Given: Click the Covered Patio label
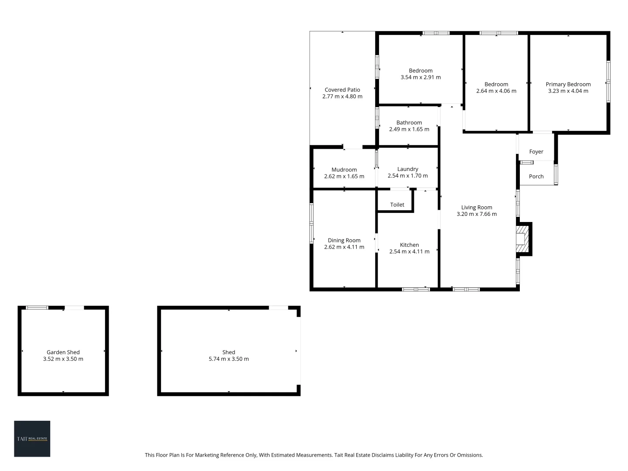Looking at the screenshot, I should click(342, 90).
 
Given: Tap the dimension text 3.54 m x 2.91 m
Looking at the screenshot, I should click(420, 78).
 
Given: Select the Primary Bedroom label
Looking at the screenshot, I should click(568, 84).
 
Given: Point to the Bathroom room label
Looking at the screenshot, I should click(409, 123).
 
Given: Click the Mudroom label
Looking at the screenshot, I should click(344, 170).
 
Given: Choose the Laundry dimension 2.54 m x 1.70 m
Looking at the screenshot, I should click(407, 176).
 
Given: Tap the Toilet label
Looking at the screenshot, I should click(397, 205).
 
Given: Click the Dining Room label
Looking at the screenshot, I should click(344, 240).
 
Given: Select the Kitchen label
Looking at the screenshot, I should click(409, 245).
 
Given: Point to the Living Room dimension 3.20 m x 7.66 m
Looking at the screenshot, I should click(476, 214).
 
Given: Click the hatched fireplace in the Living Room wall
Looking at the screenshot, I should click(522, 239).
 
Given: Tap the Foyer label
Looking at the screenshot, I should click(536, 152).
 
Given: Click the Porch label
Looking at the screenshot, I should click(536, 177).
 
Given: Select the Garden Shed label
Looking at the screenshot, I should click(63, 352).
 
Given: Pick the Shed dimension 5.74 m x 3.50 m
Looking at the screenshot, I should click(229, 359).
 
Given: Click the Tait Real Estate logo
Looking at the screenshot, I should click(32, 439).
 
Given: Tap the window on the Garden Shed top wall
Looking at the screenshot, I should click(37, 308).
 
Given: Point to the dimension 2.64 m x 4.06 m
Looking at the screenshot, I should click(496, 91).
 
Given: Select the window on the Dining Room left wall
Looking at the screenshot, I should click(311, 223).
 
